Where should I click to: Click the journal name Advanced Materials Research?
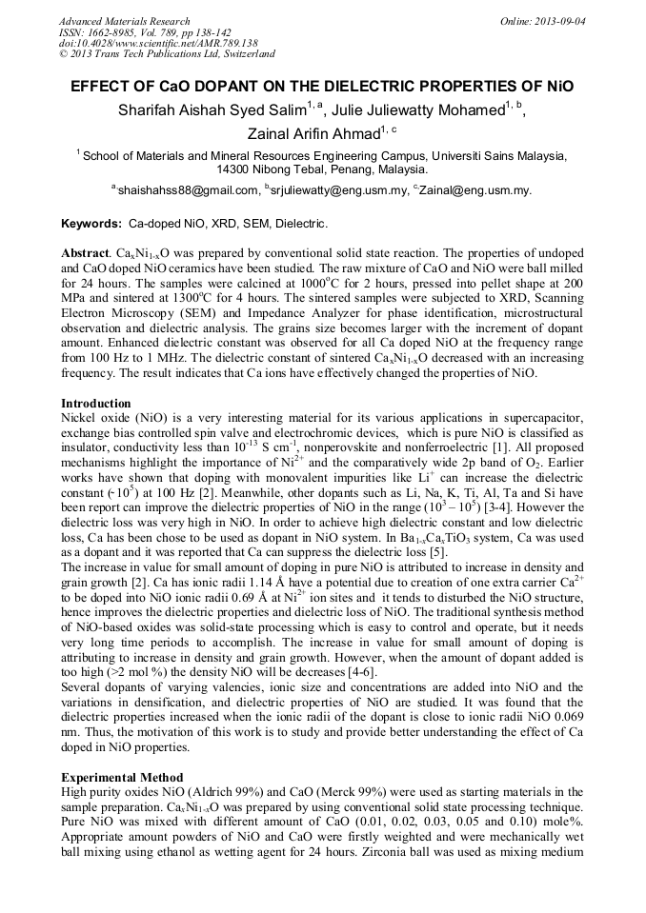point(125,21)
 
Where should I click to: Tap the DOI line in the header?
point(158,44)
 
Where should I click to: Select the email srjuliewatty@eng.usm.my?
point(337,190)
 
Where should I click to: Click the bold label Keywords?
point(91,224)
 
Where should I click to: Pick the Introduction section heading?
point(99,404)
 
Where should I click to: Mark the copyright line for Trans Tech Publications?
point(167,55)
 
